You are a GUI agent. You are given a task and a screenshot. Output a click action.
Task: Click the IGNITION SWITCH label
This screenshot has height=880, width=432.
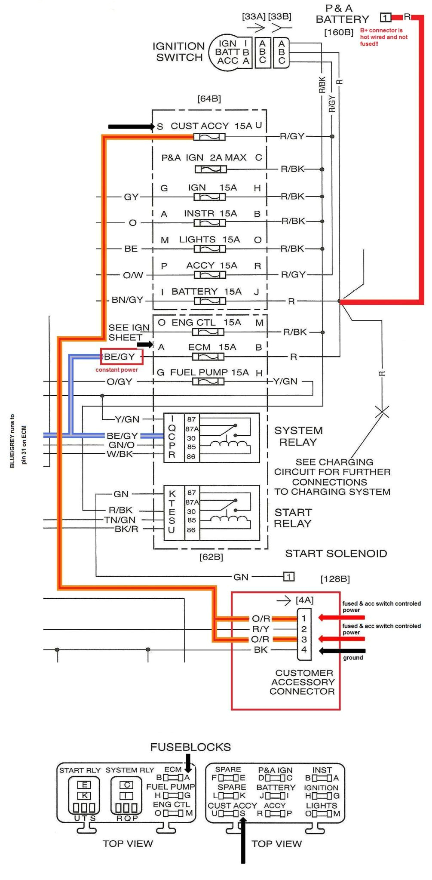(x=179, y=52)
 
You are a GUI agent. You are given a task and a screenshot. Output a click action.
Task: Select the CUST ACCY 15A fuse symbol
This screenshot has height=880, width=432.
(x=209, y=137)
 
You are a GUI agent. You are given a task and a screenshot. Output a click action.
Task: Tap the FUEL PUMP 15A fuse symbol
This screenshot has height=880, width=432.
(x=208, y=382)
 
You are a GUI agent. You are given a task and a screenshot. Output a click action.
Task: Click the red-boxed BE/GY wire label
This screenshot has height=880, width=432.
(x=121, y=357)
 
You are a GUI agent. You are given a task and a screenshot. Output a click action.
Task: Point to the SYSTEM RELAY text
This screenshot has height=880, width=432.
(x=298, y=436)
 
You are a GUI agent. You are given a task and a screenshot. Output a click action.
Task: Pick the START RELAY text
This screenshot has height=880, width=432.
(x=293, y=518)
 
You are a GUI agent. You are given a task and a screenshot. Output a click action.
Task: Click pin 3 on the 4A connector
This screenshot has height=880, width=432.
(x=304, y=639)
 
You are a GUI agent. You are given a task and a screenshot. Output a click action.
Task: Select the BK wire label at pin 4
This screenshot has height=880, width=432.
(x=260, y=649)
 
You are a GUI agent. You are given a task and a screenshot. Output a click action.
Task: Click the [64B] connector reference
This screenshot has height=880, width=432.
(x=209, y=98)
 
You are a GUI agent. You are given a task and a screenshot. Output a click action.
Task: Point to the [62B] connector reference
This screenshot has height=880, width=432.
(x=211, y=557)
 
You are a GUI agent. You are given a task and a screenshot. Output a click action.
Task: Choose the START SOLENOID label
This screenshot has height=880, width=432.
(x=336, y=554)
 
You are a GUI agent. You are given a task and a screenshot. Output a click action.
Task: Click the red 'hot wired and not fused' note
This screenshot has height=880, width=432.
(x=383, y=37)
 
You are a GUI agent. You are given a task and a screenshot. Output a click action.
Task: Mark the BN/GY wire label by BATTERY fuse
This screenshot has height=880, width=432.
(x=127, y=300)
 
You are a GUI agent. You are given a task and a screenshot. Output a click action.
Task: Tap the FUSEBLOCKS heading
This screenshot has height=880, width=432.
(x=190, y=747)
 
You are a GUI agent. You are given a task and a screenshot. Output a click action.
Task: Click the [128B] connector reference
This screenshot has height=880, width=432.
(x=335, y=579)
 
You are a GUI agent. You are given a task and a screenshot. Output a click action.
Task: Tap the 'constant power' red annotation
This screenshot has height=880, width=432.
(x=116, y=369)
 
